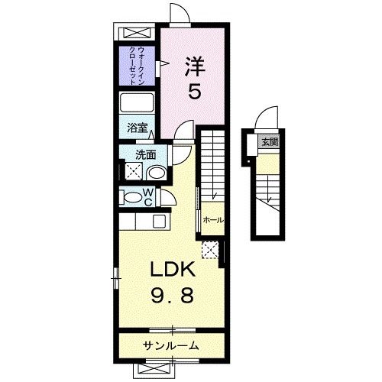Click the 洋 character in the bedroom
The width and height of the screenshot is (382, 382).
click(x=195, y=66)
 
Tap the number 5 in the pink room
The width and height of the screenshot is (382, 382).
click(x=195, y=92)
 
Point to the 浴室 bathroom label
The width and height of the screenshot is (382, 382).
click(x=136, y=129)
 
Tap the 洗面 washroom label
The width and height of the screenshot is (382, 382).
click(x=145, y=155)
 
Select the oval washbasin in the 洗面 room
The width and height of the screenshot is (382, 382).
click(x=155, y=173)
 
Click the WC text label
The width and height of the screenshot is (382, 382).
click(x=151, y=197)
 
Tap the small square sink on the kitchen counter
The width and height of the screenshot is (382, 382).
click(x=159, y=221)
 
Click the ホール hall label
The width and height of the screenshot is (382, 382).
click(x=213, y=220)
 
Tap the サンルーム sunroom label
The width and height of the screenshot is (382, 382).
click(x=171, y=346)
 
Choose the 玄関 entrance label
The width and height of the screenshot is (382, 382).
click(x=269, y=142)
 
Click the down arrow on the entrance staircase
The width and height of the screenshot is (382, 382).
click(x=270, y=201)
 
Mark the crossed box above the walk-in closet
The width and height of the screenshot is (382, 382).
click(x=138, y=34)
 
